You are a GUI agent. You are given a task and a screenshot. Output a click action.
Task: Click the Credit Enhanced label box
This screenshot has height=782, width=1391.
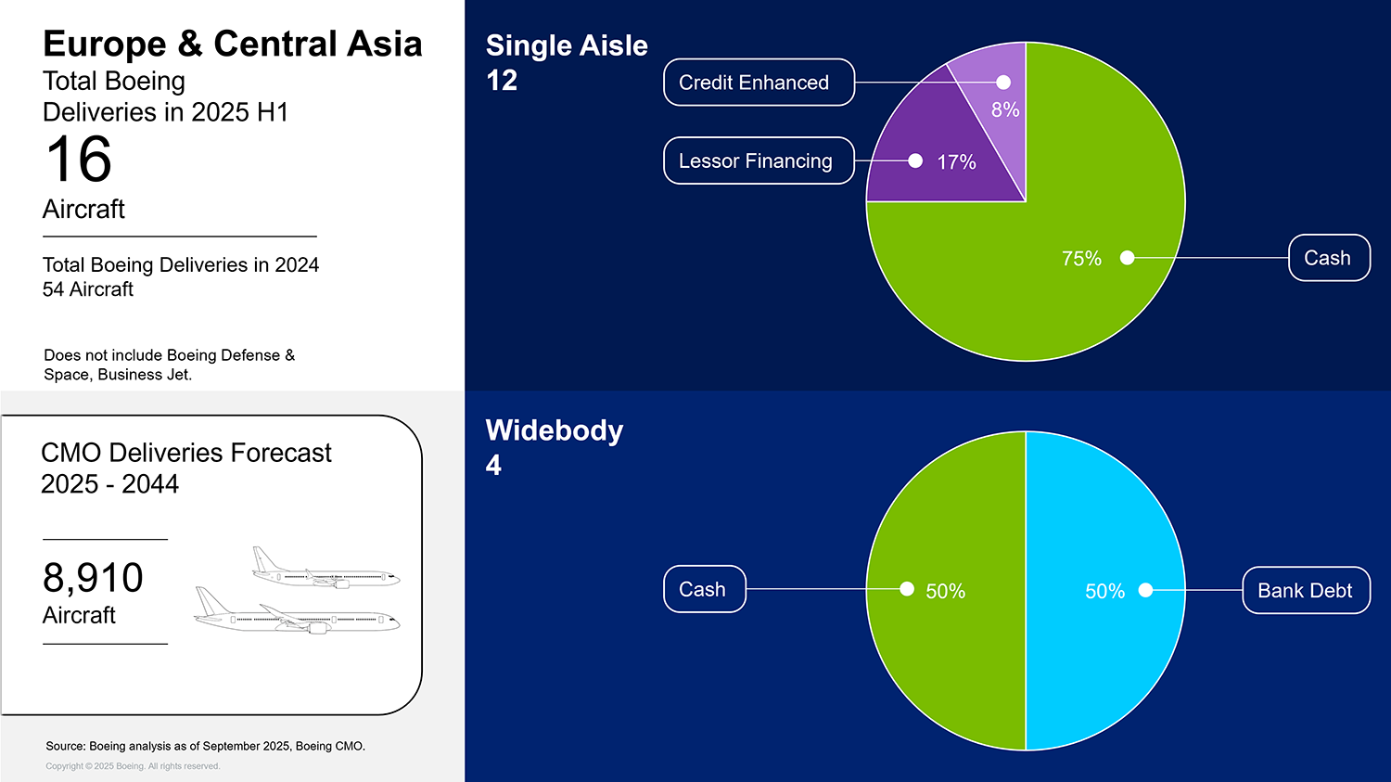pyautogui.click(x=759, y=83)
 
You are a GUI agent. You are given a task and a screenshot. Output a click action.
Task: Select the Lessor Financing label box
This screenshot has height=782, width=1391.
pyautogui.click(x=759, y=161)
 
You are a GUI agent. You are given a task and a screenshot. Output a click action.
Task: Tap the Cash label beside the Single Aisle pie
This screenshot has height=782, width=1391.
pyautogui.click(x=1328, y=258)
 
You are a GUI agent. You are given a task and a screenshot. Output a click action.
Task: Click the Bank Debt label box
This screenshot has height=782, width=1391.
pyautogui.click(x=1305, y=591)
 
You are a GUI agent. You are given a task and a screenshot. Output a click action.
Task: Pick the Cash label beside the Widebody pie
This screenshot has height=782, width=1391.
pyautogui.click(x=704, y=590)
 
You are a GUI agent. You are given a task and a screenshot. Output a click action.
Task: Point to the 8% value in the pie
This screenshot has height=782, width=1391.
pyautogui.click(x=1005, y=110)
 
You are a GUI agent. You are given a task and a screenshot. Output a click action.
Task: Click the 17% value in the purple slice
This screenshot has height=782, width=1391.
pyautogui.click(x=956, y=162)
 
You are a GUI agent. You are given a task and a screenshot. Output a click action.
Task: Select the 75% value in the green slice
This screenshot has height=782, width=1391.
pyautogui.click(x=1081, y=259)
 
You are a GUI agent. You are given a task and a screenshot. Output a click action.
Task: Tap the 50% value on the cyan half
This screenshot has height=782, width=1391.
pyautogui.click(x=1104, y=592)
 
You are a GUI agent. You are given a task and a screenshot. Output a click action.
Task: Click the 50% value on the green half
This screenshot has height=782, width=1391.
pyautogui.click(x=945, y=592)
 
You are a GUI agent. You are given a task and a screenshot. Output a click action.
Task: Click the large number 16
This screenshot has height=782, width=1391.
pyautogui.click(x=79, y=160)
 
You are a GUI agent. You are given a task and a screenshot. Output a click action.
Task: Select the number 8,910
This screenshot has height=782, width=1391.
pyautogui.click(x=93, y=578)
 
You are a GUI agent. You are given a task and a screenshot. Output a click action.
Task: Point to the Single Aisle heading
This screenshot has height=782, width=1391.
pyautogui.click(x=567, y=45)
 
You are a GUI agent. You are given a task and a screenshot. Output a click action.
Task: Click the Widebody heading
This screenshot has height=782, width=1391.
pyautogui.click(x=555, y=430)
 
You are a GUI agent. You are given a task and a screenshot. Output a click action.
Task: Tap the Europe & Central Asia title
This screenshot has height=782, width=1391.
pyautogui.click(x=232, y=44)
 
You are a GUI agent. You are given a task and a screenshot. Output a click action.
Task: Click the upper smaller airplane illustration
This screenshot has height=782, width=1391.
pyautogui.click(x=325, y=569)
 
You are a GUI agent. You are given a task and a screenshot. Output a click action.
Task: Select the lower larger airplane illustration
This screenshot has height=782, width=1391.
pyautogui.click(x=297, y=613)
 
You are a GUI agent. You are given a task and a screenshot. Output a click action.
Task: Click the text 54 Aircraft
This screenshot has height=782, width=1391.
pyautogui.click(x=88, y=289)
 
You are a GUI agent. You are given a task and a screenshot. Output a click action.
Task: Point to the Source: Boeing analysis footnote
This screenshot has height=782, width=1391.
pyautogui.click(x=205, y=746)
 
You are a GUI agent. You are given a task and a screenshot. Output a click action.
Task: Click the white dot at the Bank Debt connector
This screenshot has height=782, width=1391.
pyautogui.click(x=1145, y=590)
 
